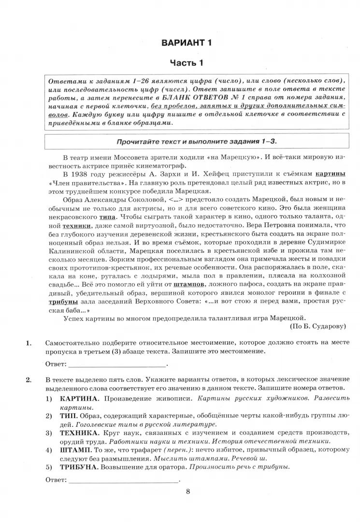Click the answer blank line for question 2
coord(123,480)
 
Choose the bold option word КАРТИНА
coord(77,399)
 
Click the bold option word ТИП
coord(67,416)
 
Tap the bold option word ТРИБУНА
coord(78,466)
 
